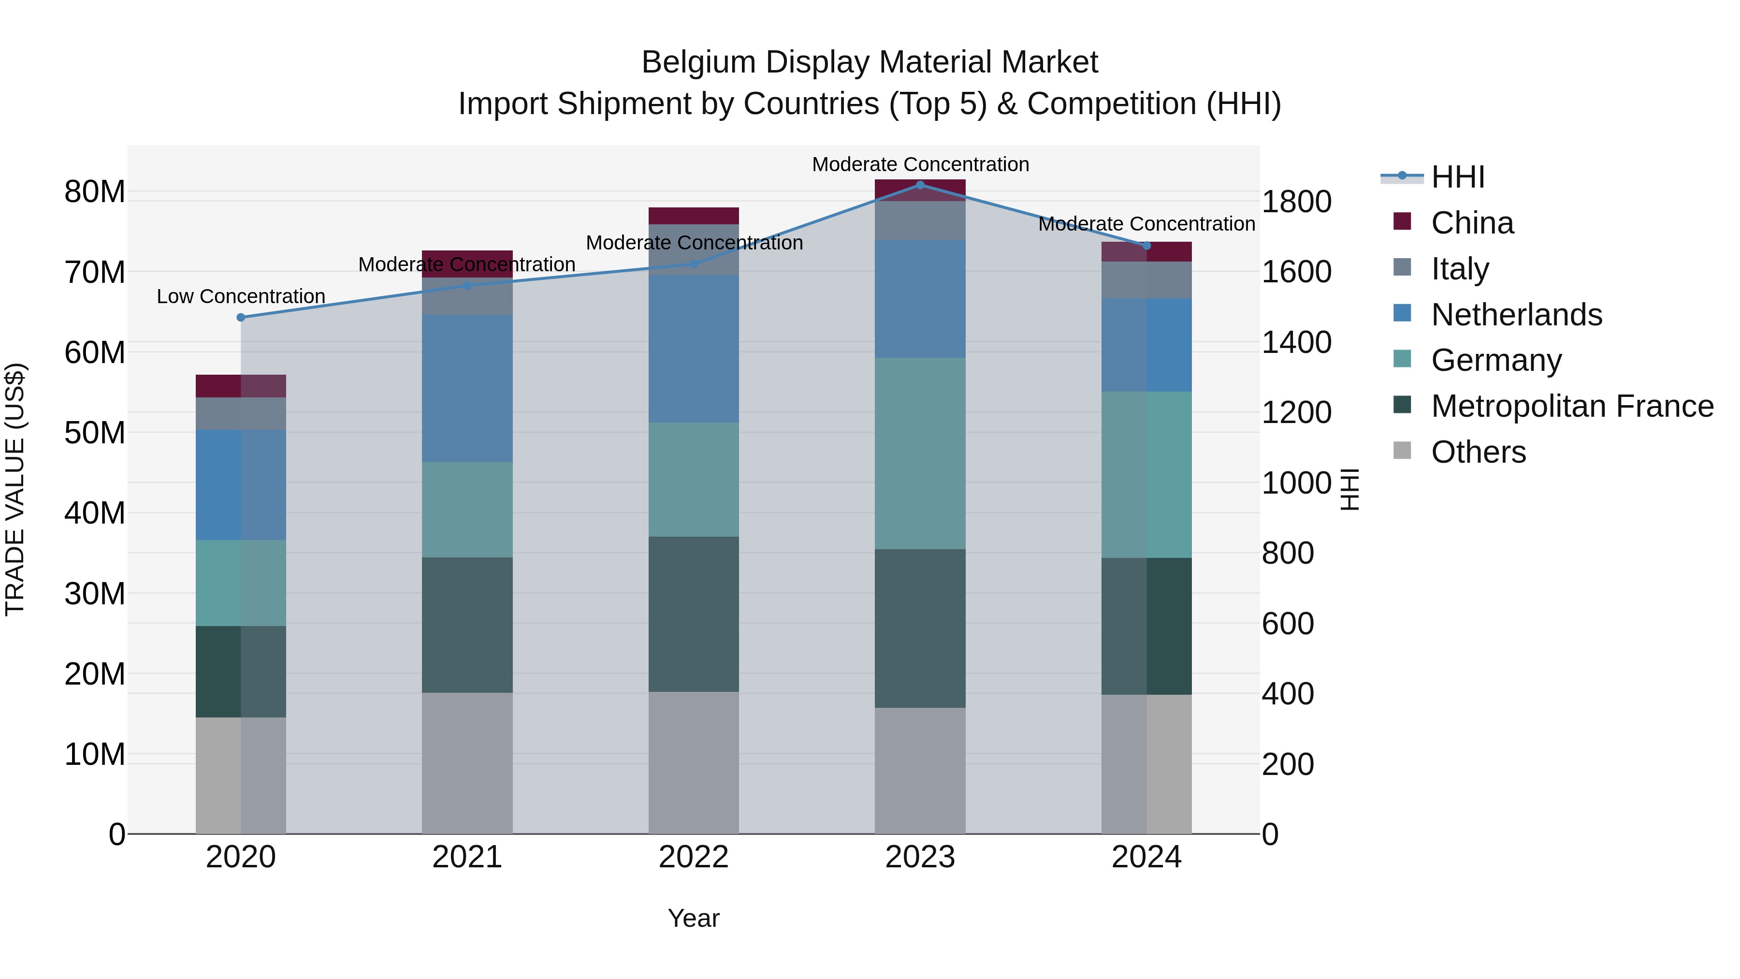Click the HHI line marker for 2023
[919, 185]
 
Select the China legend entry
[1472, 223]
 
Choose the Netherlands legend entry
[1516, 315]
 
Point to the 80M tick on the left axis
[95, 192]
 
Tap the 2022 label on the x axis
[693, 857]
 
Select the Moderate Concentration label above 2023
[920, 164]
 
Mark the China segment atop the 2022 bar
[693, 216]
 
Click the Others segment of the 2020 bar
[241, 775]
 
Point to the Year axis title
[693, 918]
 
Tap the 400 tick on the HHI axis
[1288, 694]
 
